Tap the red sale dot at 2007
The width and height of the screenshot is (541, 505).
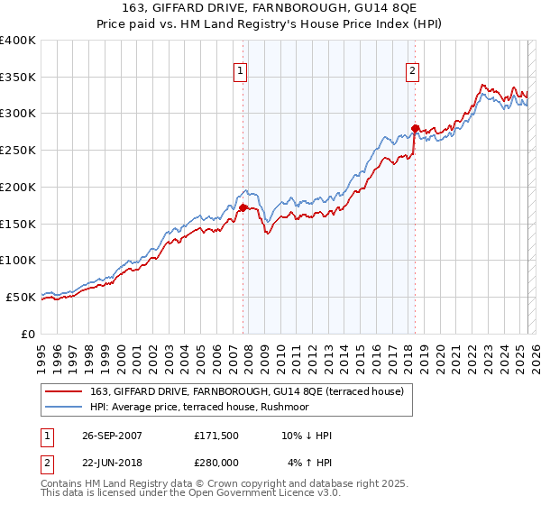tap(243, 207)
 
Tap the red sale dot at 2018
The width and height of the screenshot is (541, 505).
tap(415, 128)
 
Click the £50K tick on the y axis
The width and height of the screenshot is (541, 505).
tap(22, 297)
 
